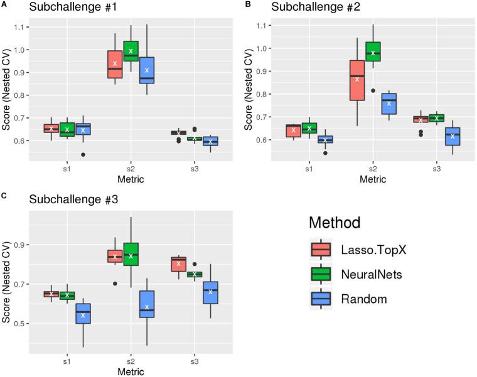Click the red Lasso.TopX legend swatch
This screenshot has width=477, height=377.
coord(321,250)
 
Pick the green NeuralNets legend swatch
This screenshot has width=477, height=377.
coord(321,273)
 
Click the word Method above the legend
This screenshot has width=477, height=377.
coord(338,223)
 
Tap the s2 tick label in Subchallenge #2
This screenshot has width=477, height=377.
coord(372,169)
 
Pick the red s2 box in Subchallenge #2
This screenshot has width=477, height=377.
coord(356,80)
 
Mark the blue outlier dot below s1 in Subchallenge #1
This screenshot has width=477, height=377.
coord(82,154)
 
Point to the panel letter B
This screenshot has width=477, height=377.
coord(247,4)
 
